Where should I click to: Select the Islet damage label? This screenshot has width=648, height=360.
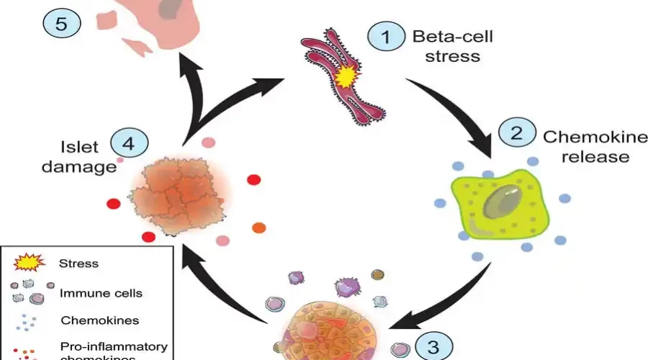[79, 156]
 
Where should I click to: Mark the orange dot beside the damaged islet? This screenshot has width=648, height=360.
[259, 228]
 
